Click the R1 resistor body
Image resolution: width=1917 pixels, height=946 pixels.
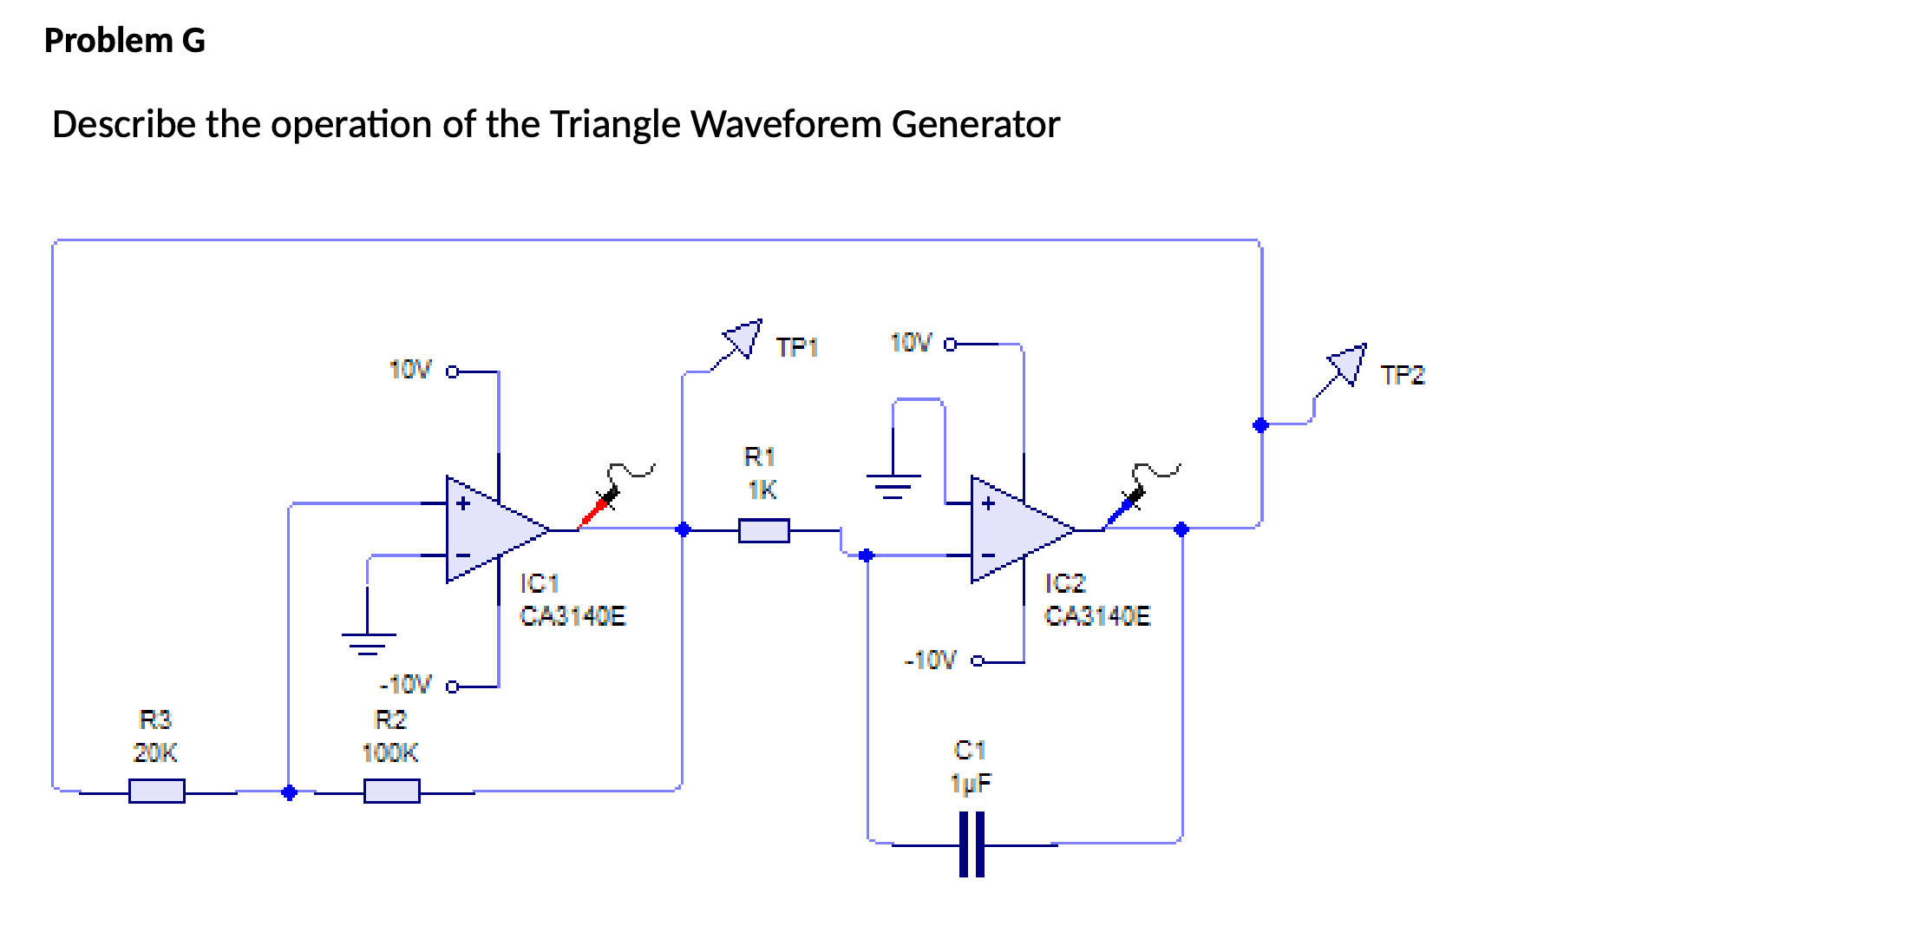763,530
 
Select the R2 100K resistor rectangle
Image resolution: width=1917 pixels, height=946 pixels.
391,791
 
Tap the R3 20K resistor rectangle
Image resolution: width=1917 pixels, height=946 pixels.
156,791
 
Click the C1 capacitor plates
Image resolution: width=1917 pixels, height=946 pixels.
972,844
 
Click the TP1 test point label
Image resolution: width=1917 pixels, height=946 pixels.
796,348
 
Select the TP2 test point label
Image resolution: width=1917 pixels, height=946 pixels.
1402,376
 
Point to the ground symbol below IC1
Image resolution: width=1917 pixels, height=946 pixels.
368,642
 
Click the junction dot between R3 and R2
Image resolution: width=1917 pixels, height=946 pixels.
290,792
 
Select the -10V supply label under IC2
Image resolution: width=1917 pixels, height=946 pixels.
930,660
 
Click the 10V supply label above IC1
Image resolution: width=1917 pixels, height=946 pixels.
409,370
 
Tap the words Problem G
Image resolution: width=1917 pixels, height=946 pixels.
124,41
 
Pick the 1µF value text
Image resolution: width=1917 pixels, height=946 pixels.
971,784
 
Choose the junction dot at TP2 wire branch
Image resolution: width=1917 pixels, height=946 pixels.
1260,424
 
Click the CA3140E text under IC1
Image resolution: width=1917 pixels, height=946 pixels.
572,616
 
